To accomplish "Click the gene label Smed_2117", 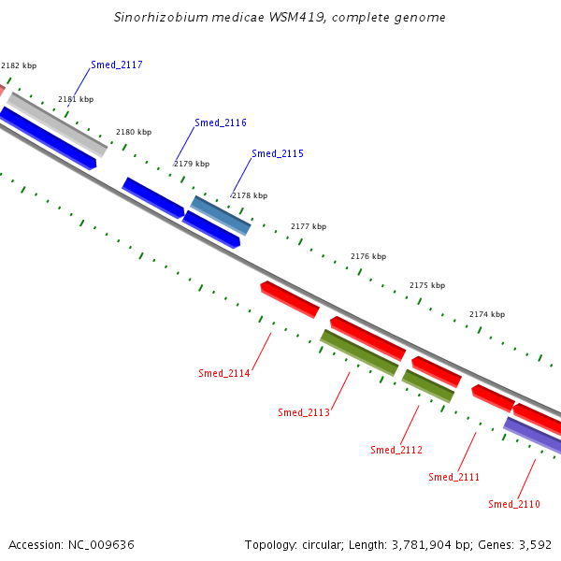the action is tap(117, 65).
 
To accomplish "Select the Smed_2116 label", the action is tap(221, 122).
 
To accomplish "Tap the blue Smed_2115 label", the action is tap(278, 153).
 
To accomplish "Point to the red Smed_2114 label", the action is tap(224, 373).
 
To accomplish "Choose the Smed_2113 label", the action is tap(304, 412).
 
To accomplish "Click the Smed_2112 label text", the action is tap(396, 450).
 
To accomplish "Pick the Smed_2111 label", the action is tap(454, 477).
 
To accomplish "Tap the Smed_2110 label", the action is tap(514, 504).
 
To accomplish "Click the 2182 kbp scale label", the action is tap(19, 65).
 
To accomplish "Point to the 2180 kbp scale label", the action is tap(134, 132).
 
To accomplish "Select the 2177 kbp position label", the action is tap(309, 226).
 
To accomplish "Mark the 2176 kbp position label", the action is tap(368, 256).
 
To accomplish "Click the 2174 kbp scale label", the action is tap(487, 314).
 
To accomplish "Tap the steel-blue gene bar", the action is tap(221, 215).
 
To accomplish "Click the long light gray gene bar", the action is tap(57, 124).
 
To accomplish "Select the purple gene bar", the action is tap(533, 435).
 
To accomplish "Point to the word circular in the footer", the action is tap(321, 545).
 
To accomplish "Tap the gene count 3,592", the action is tap(535, 545).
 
